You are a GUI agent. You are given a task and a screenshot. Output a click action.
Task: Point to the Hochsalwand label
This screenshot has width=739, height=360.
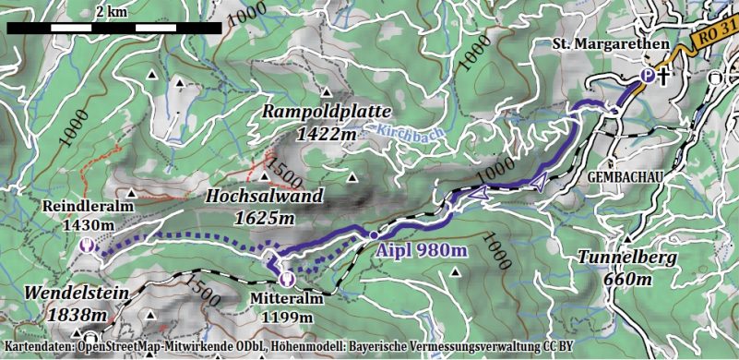(x=264, y=197)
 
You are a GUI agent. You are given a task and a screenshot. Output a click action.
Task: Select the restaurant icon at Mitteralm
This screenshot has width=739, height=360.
(x=287, y=275)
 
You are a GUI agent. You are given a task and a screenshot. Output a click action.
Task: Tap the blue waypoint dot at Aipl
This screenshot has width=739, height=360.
(x=374, y=235)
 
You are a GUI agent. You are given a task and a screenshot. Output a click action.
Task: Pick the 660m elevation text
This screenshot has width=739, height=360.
(x=628, y=279)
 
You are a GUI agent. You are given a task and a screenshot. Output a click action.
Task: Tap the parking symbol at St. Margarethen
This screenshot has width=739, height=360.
(x=648, y=77)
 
